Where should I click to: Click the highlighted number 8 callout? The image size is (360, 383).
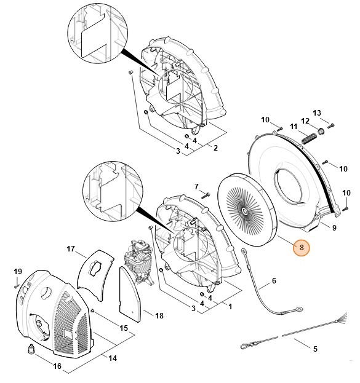[301, 248]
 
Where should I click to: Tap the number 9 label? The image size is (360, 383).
[334, 228]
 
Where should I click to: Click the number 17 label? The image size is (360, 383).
[71, 249]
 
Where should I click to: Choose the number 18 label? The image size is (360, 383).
[159, 316]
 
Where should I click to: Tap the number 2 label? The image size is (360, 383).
[215, 148]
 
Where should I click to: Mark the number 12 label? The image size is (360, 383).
[305, 120]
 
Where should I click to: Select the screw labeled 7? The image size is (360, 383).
[206, 195]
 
